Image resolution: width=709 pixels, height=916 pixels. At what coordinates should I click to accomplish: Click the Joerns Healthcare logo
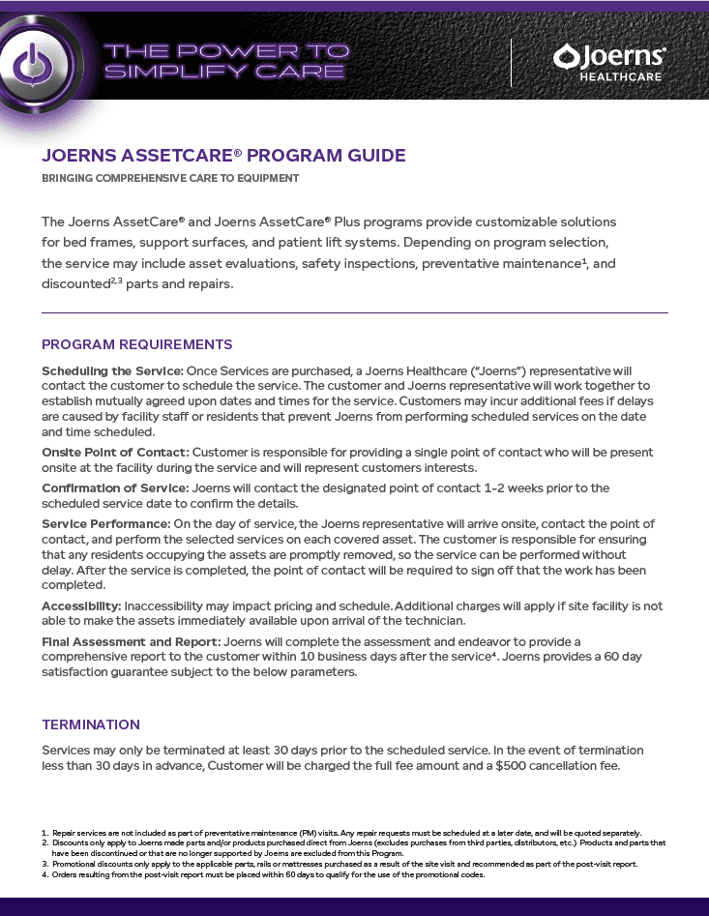point(608,62)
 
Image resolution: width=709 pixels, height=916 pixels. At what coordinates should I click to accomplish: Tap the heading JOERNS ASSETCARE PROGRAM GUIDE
point(223,156)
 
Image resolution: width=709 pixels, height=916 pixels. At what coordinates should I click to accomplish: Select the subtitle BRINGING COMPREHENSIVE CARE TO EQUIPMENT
point(170,178)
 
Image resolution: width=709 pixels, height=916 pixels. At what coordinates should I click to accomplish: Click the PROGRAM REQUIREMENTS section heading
point(136,344)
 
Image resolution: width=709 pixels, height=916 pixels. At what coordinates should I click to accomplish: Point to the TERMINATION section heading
point(91,724)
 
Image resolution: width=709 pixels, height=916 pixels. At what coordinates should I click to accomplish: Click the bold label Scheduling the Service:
point(112,371)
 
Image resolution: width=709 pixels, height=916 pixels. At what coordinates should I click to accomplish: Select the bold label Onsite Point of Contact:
point(115,452)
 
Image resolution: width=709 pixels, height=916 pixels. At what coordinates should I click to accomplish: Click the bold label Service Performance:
point(106,524)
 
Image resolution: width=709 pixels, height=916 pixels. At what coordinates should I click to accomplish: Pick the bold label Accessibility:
point(81,606)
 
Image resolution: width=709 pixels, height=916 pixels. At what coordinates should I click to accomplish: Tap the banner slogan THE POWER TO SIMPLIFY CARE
point(225,61)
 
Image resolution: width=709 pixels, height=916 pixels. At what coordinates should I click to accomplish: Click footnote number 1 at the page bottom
point(44,833)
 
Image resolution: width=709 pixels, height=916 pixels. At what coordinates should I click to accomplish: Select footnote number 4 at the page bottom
point(44,874)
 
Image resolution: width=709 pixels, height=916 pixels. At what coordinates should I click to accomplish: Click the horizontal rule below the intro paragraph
point(354,312)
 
